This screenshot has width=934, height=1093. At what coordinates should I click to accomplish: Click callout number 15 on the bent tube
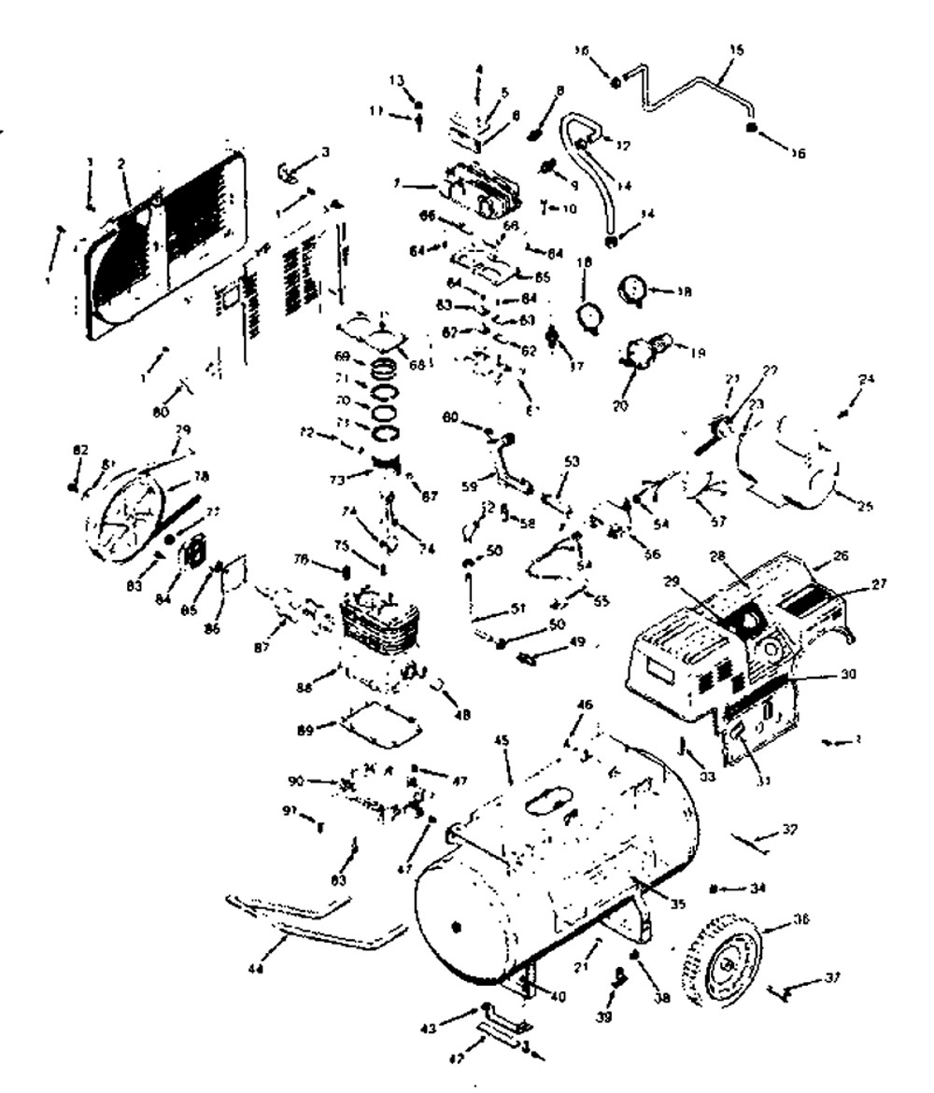(x=735, y=49)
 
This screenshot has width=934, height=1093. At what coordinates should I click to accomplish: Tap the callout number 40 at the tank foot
(x=559, y=996)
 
